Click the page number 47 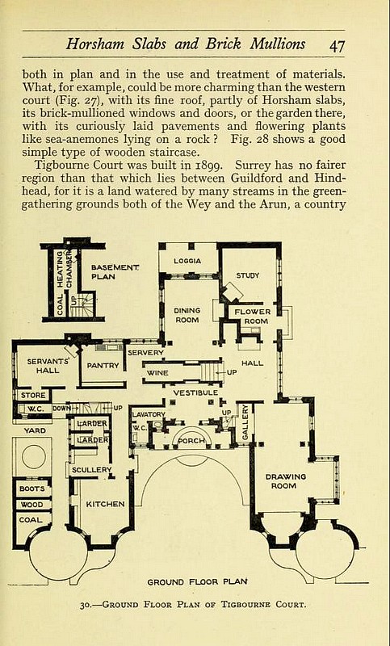pyautogui.click(x=337, y=45)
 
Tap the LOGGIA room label pyautogui.click(x=187, y=261)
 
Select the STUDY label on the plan pyautogui.click(x=248, y=275)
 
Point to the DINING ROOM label pyautogui.click(x=187, y=315)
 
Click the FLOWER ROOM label pyautogui.click(x=253, y=317)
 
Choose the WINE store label pyautogui.click(x=157, y=373)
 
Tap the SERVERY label pyautogui.click(x=145, y=353)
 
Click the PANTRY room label pyautogui.click(x=103, y=366)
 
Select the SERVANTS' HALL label pyautogui.click(x=48, y=366)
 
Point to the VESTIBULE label pyautogui.click(x=195, y=393)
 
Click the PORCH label pyautogui.click(x=191, y=441)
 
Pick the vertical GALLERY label pyautogui.click(x=245, y=422)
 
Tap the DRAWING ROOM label pyautogui.click(x=285, y=481)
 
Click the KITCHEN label pyautogui.click(x=105, y=504)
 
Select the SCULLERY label pyautogui.click(x=91, y=470)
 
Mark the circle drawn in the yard pyautogui.click(x=34, y=456)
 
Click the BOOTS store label pyautogui.click(x=32, y=489)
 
